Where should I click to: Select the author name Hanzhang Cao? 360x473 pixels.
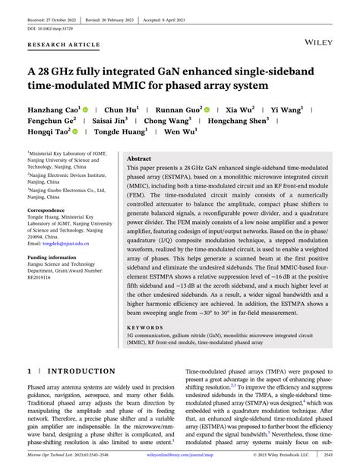(54, 109)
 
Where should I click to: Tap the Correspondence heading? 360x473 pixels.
(51, 210)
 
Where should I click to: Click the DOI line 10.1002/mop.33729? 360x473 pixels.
(52, 19)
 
